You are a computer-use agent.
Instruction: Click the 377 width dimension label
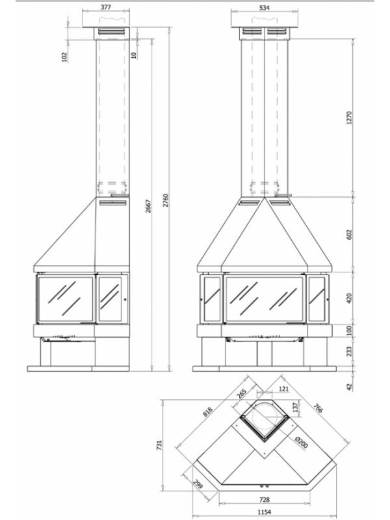pyautogui.click(x=106, y=7)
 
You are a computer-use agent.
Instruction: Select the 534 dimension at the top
pyautogui.click(x=265, y=8)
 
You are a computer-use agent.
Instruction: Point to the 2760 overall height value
pyautogui.click(x=166, y=200)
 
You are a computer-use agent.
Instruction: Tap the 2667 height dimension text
pyautogui.click(x=148, y=206)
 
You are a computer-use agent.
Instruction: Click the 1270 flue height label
pyautogui.click(x=348, y=118)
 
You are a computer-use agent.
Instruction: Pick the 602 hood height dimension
pyautogui.click(x=348, y=235)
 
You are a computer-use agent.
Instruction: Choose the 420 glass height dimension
pyautogui.click(x=348, y=298)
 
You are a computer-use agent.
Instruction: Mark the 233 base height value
pyautogui.click(x=349, y=352)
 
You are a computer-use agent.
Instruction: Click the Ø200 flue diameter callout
pyautogui.click(x=302, y=443)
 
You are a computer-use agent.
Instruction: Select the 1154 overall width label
pyautogui.click(x=265, y=512)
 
